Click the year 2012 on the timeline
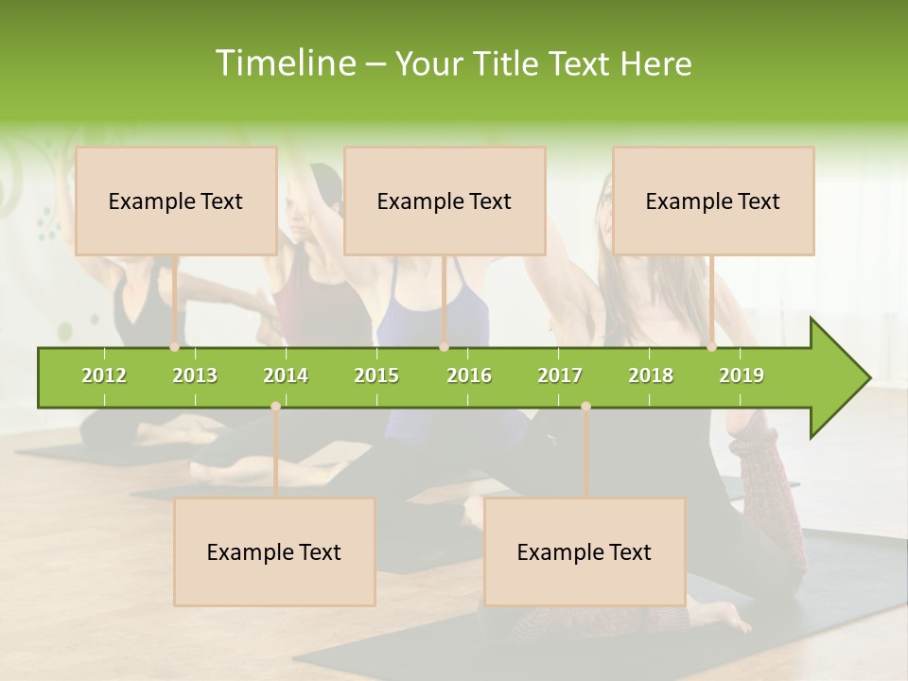[104, 375]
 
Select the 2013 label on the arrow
[195, 375]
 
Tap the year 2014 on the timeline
[286, 375]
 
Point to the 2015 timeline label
[376, 375]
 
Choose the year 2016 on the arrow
[469, 375]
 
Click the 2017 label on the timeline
[560, 375]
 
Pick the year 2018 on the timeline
[651, 375]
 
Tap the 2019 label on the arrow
[742, 375]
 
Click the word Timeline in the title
[284, 63]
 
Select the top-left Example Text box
[176, 201]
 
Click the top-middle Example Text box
[445, 201]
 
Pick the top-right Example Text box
[713, 201]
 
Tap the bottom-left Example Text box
[274, 551]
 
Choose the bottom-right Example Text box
[585, 551]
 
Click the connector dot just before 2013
[175, 347]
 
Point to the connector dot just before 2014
[275, 406]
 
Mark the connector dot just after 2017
[585, 406]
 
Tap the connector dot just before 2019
[712, 347]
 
